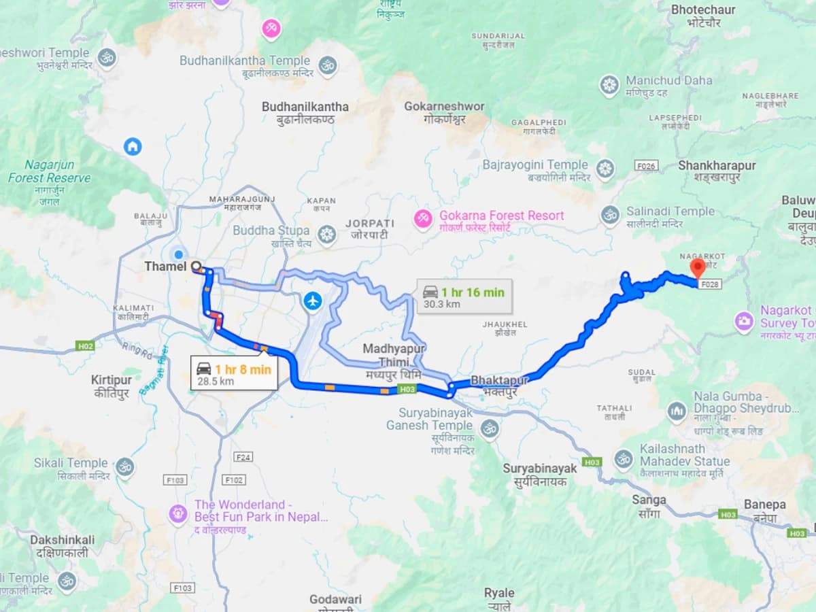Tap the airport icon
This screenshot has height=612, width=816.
coord(312,300)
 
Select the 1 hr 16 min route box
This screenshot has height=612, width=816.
coord(464,297)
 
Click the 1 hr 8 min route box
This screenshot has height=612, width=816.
coord(234,374)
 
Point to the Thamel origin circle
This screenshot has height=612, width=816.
coord(196,267)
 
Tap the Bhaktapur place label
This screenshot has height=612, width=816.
coord(499,381)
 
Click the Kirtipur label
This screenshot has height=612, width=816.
coord(111,380)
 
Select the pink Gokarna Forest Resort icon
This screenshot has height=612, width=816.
coord(423,217)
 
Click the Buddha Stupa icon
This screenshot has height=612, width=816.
coord(327,235)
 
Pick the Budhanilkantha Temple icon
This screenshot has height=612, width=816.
coord(327,65)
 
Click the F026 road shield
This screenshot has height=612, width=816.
coord(646,166)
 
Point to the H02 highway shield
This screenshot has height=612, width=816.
coord(85,346)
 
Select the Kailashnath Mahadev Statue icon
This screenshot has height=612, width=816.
coord(624,459)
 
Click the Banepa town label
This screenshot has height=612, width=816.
coord(765,505)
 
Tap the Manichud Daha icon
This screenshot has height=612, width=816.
coord(609,86)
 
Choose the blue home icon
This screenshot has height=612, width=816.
coord(133,146)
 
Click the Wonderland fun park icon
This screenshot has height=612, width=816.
coord(177,513)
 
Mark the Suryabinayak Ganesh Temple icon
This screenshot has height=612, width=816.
coord(489,428)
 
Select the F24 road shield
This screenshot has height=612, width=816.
coord(243,457)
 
